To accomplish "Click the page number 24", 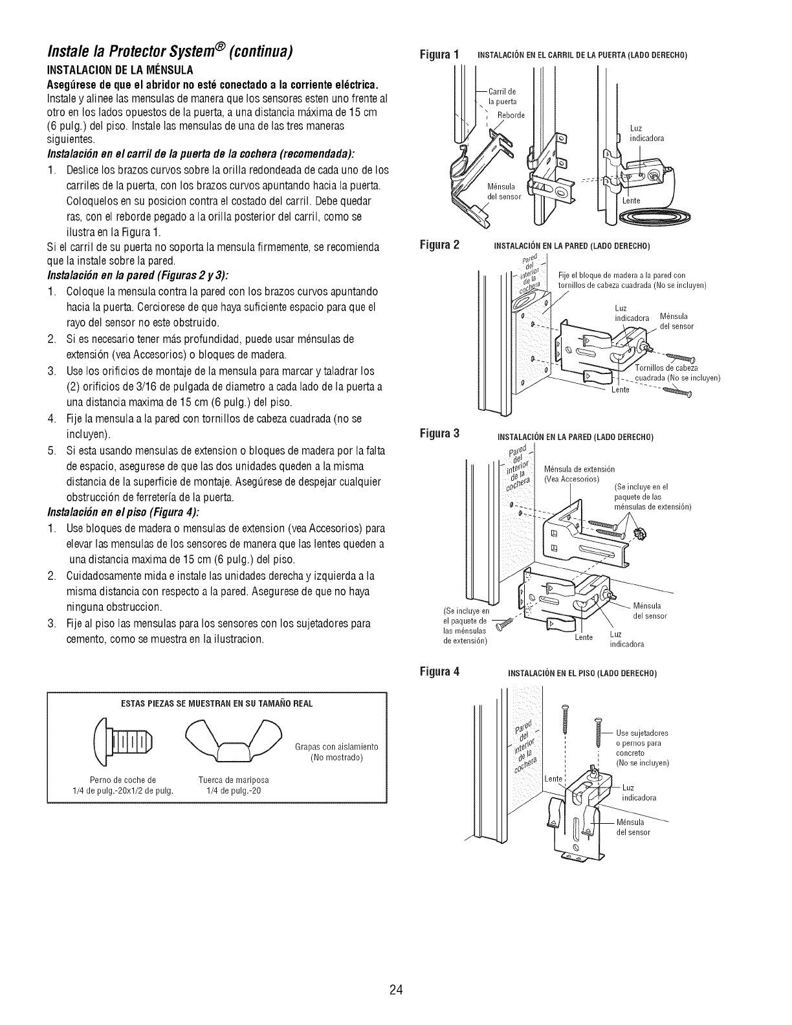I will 397,971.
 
